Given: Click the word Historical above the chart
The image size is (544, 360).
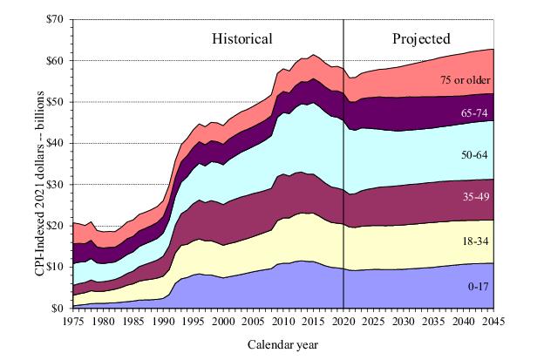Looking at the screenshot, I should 243,38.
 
